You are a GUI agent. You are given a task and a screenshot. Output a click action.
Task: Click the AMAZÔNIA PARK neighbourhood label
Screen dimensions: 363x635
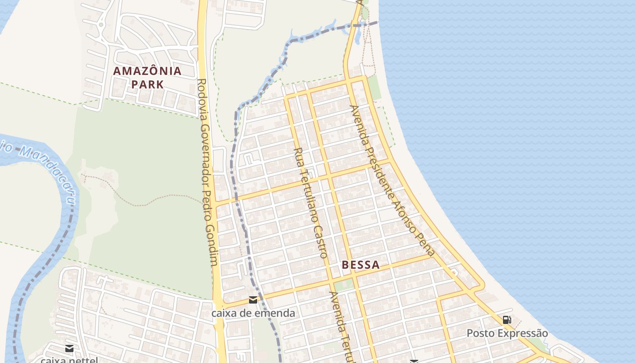[147, 77]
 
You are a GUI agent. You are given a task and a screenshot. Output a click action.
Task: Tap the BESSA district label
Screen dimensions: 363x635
[361, 265]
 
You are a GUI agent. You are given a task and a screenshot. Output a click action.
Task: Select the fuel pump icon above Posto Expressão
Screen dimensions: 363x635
[507, 320]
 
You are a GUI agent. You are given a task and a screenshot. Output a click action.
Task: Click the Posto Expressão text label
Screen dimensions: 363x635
[507, 334]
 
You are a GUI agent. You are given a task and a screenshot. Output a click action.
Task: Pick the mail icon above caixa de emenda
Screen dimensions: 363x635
[253, 300]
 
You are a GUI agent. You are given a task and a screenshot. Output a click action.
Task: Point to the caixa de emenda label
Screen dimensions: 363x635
[253, 313]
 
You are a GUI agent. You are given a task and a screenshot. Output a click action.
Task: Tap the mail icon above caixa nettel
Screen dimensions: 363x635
[69, 348]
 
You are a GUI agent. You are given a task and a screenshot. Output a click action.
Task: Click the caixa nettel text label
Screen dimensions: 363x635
[69, 360]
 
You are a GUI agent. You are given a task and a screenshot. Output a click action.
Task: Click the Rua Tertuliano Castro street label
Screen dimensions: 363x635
[311, 202]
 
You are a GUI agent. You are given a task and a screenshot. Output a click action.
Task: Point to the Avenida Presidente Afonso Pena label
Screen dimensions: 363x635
[393, 181]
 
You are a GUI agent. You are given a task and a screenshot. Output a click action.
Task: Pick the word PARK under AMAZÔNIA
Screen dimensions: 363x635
[147, 84]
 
